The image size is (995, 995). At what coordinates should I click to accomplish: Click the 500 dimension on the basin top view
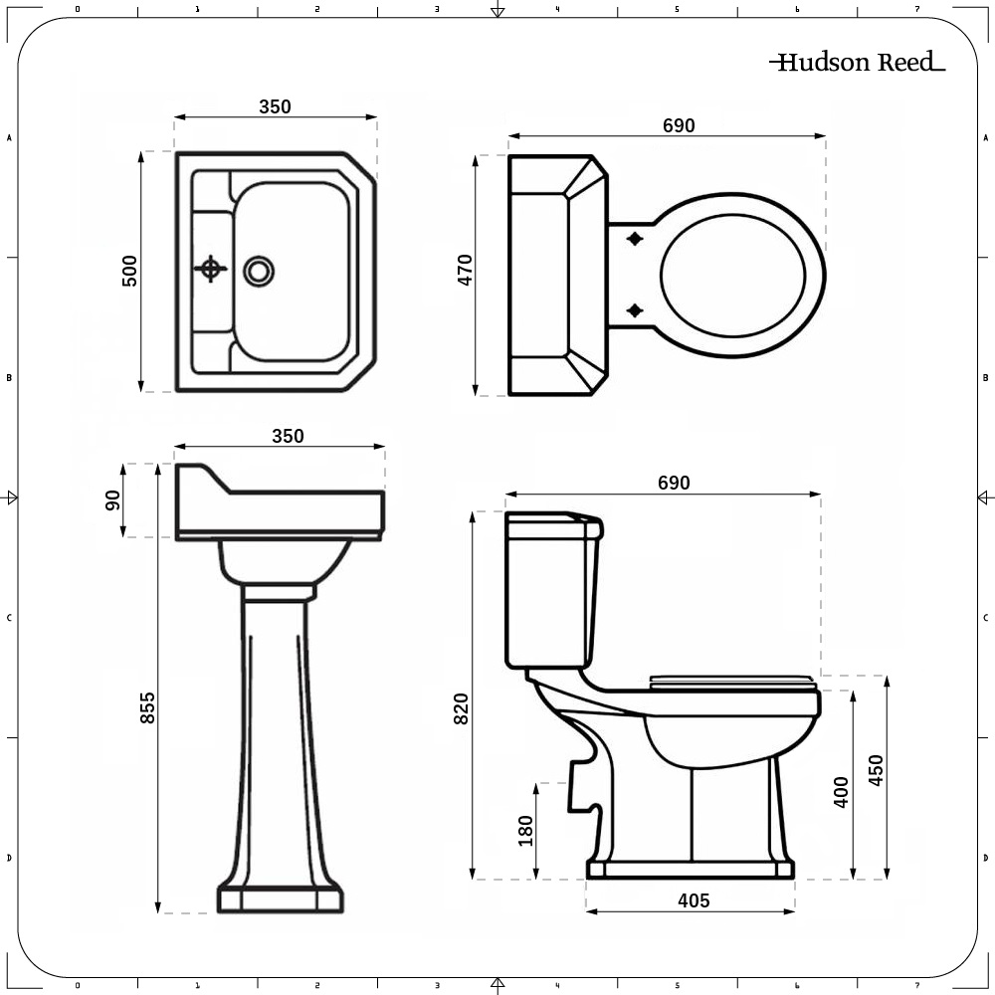click(129, 271)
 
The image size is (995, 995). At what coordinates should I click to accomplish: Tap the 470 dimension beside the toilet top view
click(465, 271)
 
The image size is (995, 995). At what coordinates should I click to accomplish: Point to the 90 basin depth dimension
click(112, 499)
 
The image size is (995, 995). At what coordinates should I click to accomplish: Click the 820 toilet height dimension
click(461, 707)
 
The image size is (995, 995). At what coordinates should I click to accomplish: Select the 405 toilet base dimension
click(694, 900)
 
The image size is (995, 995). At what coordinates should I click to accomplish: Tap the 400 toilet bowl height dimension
click(841, 791)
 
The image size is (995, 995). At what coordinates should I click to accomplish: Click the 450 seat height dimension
click(876, 770)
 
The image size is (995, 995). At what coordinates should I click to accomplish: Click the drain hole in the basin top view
click(259, 269)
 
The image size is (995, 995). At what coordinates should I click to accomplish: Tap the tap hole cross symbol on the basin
click(210, 268)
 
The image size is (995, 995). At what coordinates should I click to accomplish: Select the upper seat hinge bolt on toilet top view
click(635, 239)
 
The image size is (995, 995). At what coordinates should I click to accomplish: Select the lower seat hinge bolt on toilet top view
click(635, 311)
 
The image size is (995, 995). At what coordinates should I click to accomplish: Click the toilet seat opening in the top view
click(732, 275)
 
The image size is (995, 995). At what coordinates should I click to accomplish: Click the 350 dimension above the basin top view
click(276, 106)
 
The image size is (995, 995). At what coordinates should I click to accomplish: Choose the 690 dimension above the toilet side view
click(673, 483)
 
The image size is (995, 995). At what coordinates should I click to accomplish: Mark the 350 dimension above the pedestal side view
click(288, 436)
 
